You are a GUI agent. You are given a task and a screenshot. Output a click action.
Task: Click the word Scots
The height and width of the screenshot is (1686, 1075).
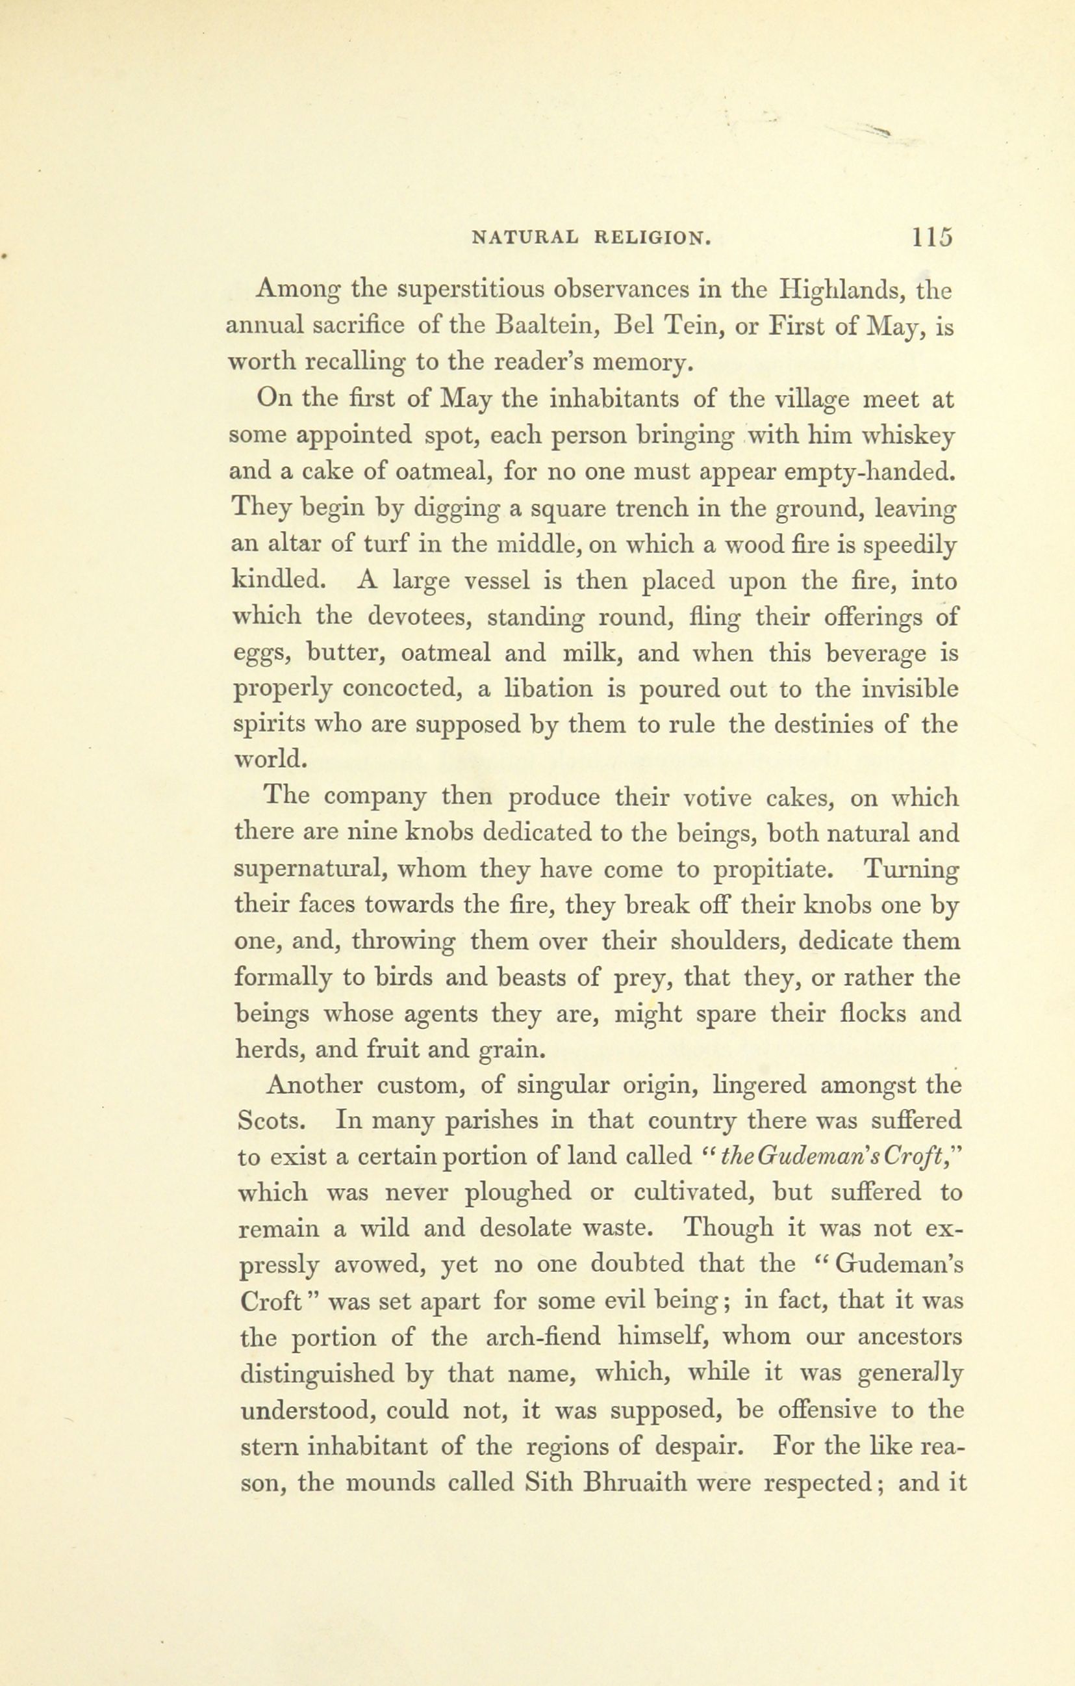(x=270, y=1122)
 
